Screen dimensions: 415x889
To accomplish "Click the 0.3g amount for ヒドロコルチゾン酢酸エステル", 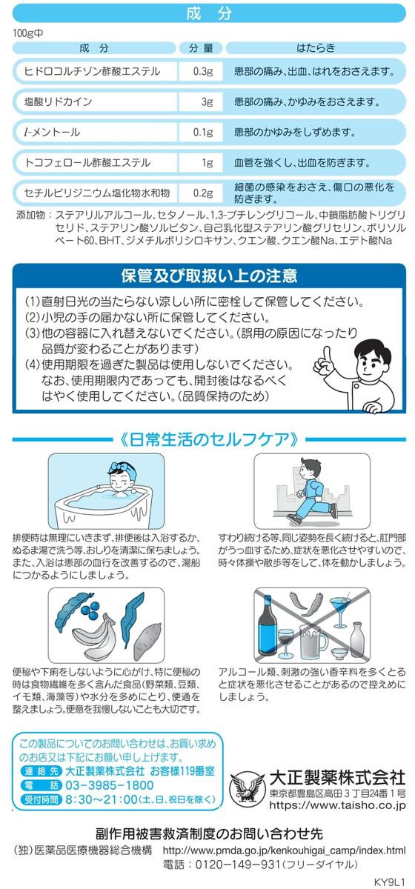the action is (x=203, y=71).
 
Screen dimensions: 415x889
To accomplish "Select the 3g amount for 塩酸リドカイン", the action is (x=207, y=101).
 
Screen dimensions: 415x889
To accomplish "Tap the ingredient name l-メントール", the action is (x=52, y=132).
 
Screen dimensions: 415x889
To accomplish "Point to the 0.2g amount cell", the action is (x=203, y=193).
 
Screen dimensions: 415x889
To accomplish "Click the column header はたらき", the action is (x=316, y=48).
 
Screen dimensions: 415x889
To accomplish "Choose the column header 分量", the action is (x=201, y=48).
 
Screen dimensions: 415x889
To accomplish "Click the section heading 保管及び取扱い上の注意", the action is (x=209, y=276).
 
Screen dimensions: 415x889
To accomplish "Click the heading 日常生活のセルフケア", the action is (x=209, y=439).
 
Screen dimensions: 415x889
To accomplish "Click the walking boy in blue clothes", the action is (x=313, y=490).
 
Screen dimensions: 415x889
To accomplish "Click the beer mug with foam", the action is (x=313, y=640).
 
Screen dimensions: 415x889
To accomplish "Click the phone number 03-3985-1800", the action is (x=109, y=785).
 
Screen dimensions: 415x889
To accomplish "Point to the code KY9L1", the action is (x=389, y=882).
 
